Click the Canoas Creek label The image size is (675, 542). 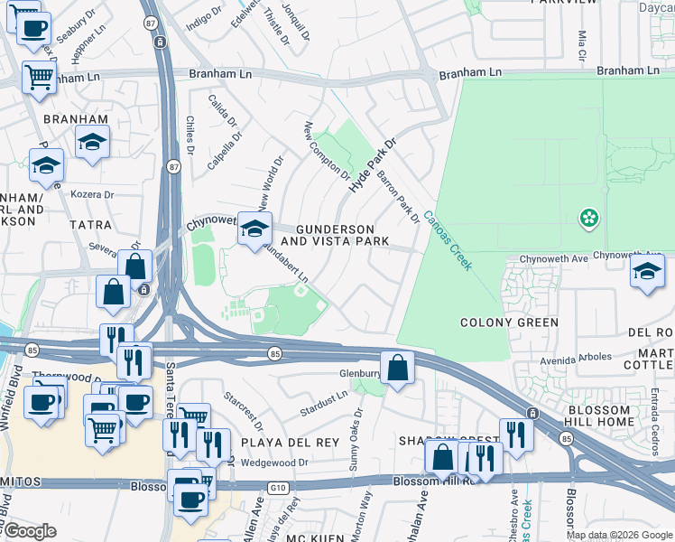click(x=448, y=239)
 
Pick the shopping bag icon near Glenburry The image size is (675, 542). click(x=397, y=368)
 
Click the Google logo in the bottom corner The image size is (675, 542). click(x=30, y=531)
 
